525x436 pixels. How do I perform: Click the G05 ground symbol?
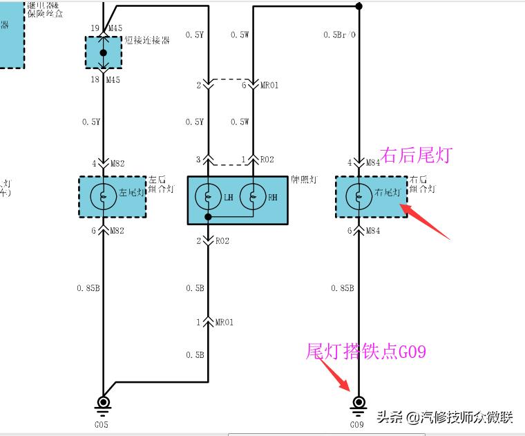point(103,403)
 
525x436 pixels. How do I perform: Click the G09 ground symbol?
point(358,403)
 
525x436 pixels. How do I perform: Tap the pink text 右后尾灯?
point(416,155)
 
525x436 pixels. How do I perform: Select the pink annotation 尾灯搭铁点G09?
point(366,352)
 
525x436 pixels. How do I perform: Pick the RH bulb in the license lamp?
point(252,198)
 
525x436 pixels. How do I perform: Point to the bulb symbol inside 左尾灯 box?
point(103,196)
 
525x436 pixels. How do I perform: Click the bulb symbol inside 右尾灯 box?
point(358,196)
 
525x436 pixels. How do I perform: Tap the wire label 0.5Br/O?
point(339,35)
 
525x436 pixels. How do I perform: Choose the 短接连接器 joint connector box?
point(103,53)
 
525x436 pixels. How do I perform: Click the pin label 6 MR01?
point(260,86)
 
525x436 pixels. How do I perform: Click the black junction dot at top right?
point(358,6)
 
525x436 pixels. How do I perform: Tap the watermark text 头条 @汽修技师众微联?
point(445,417)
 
